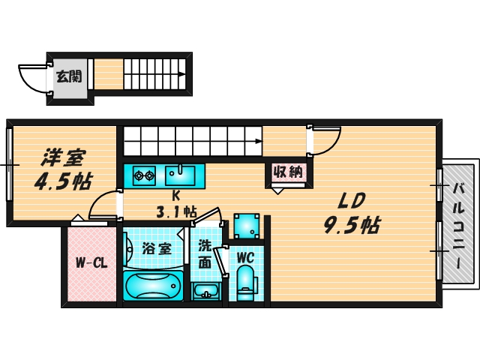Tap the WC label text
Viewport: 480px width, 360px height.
246,256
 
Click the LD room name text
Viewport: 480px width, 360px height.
350,200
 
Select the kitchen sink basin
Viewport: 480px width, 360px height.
180,176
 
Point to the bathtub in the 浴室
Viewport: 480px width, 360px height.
154,286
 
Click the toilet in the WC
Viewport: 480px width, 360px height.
245,283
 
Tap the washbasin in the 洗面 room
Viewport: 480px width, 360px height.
204,290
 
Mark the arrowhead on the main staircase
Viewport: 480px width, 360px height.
258,140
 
